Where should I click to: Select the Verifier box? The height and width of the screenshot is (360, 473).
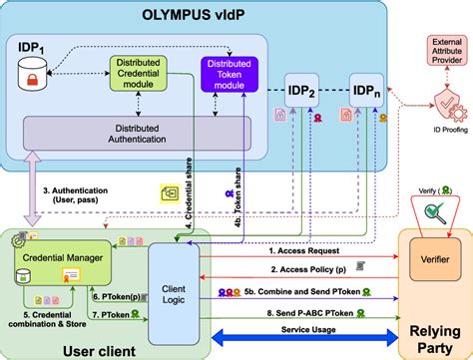click(431, 261)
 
